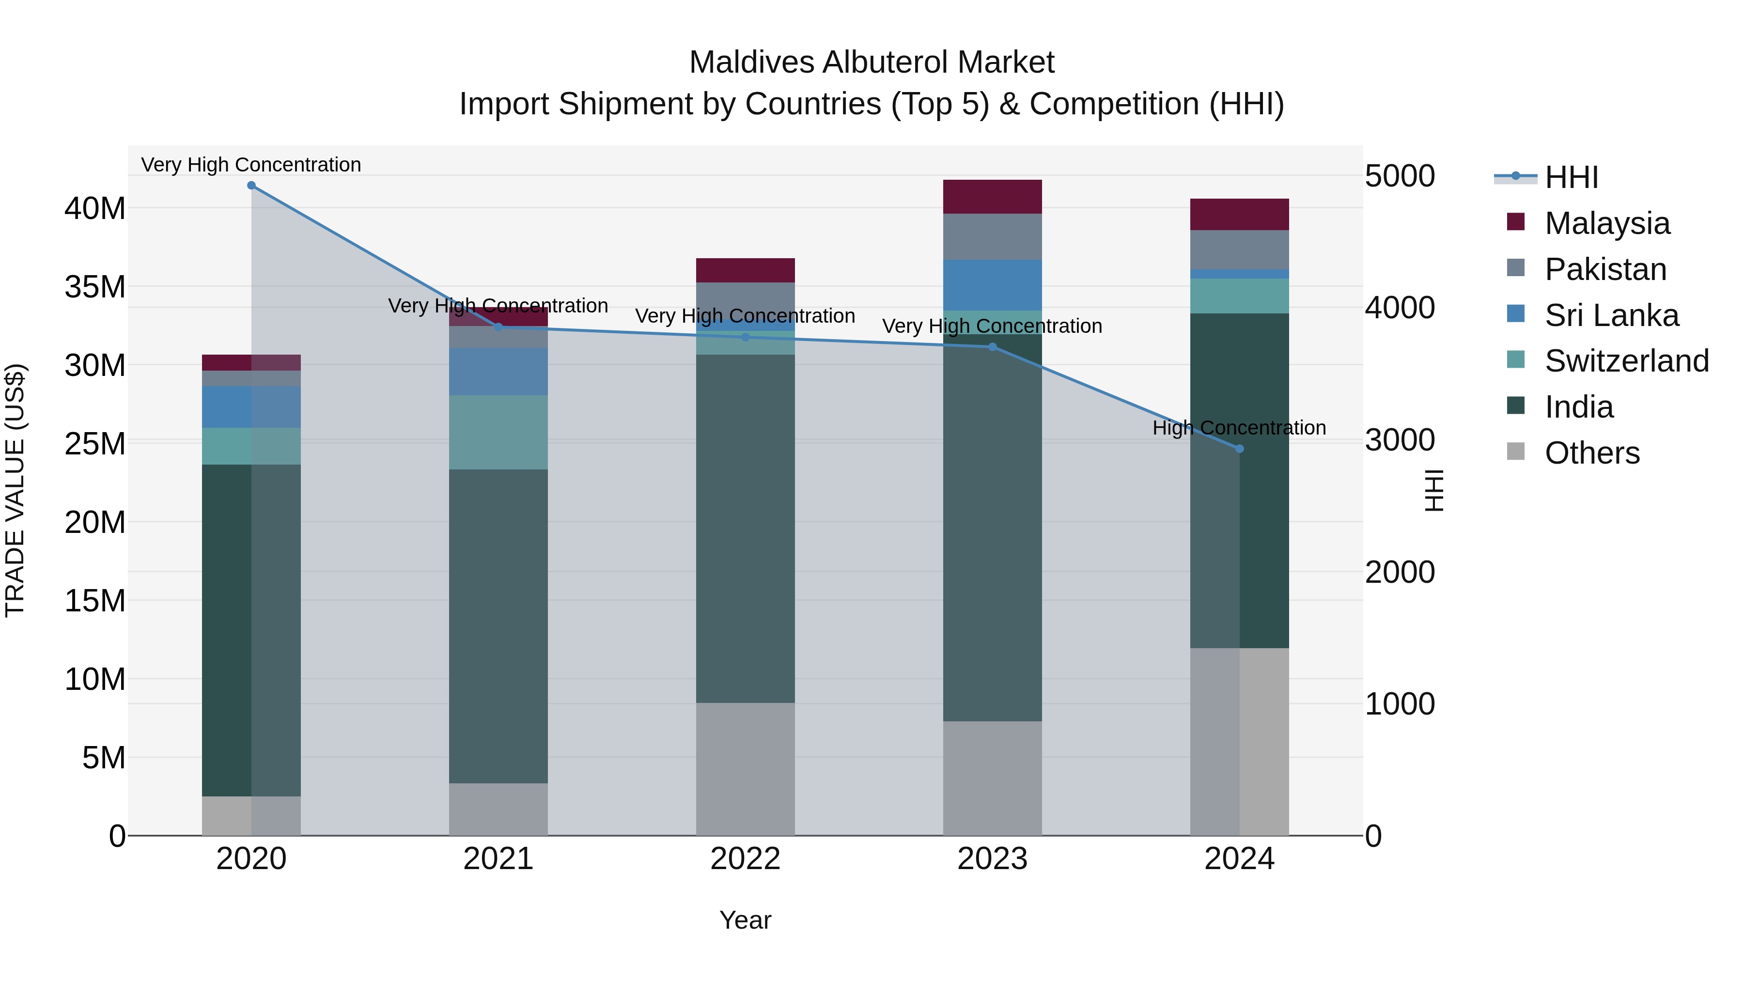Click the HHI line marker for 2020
[251, 186]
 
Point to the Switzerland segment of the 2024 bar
[1239, 296]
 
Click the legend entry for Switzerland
[1626, 361]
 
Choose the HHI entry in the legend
[1571, 177]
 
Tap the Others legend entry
[1592, 453]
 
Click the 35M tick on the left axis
[95, 287]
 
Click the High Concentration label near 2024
[1239, 428]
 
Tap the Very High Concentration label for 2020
[251, 165]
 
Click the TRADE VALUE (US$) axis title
[15, 490]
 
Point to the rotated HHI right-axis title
[1434, 490]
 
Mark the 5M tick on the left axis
[104, 758]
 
